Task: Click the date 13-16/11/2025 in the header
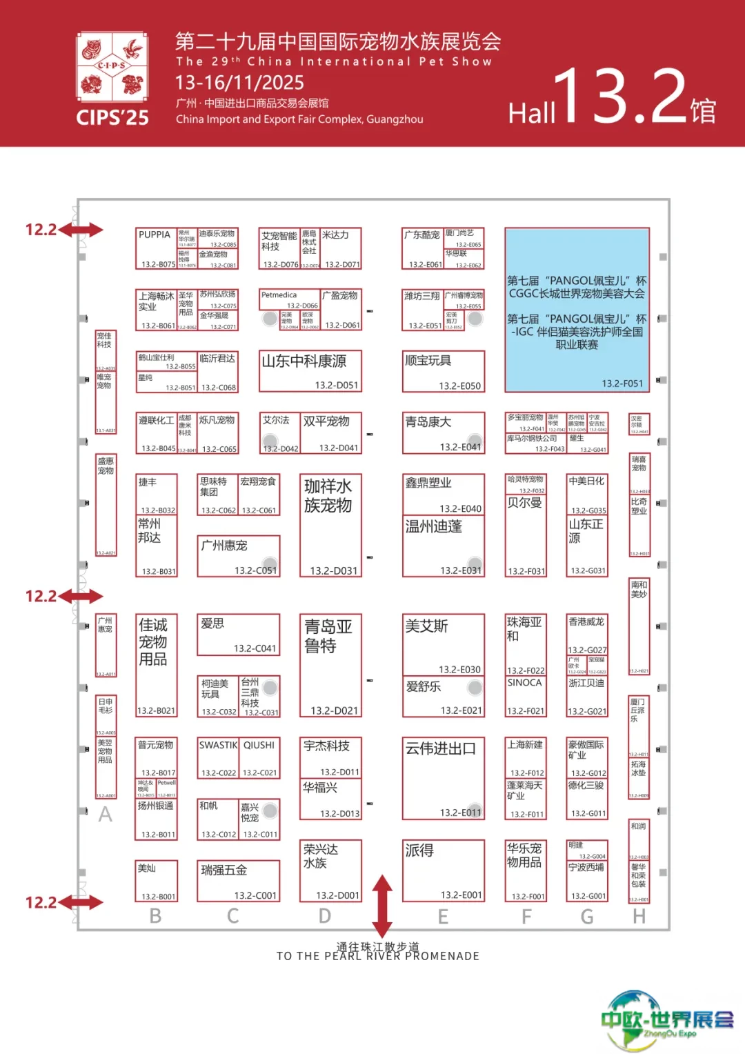(x=239, y=83)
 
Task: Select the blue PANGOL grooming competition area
(x=577, y=310)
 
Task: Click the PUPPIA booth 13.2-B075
(x=156, y=248)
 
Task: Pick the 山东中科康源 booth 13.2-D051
(x=310, y=371)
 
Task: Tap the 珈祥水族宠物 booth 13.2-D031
(x=330, y=525)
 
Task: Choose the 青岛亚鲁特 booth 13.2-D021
(x=330, y=666)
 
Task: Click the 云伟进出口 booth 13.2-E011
(x=444, y=778)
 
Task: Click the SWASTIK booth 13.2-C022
(x=218, y=758)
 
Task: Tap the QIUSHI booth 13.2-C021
(x=259, y=758)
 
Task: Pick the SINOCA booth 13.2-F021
(x=525, y=696)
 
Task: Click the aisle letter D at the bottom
(x=325, y=916)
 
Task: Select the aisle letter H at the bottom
(x=639, y=916)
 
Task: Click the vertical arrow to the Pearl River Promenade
(x=382, y=905)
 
